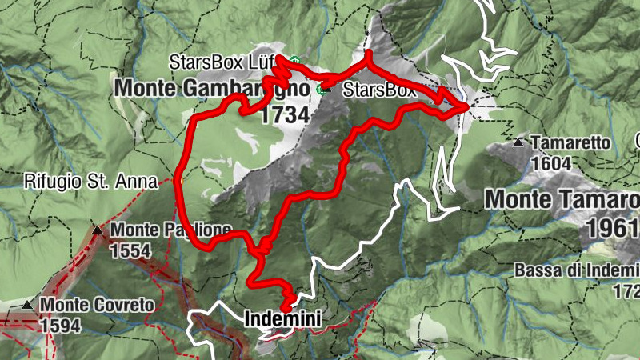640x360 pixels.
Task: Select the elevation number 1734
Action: [284, 115]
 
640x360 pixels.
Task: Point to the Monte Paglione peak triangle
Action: [98, 230]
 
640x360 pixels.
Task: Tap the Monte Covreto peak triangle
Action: [28, 305]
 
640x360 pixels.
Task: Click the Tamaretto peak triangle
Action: [518, 143]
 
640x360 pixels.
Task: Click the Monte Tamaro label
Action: [563, 198]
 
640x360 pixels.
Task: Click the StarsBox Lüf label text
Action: [228, 62]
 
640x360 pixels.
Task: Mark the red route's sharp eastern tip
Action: [467, 106]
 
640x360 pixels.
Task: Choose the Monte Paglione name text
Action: [171, 230]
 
